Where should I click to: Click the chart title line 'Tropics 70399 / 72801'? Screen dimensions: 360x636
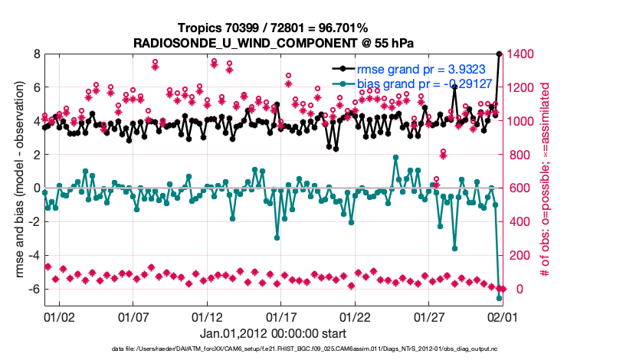pyautogui.click(x=270, y=28)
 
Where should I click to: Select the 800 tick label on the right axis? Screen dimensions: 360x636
pyautogui.click(x=516, y=155)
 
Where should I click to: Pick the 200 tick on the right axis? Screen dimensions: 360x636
pyautogui.click(x=516, y=255)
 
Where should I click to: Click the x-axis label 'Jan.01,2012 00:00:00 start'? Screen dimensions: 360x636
pyautogui.click(x=273, y=333)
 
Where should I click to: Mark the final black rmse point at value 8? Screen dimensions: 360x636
pyautogui.click(x=500, y=54)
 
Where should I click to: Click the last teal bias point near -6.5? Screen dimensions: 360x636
pyautogui.click(x=500, y=298)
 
